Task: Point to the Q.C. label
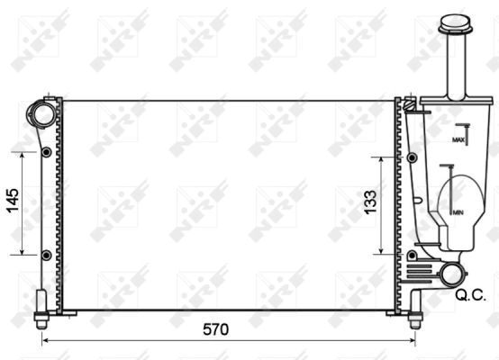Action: pyautogui.click(x=471, y=294)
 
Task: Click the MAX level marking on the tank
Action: pyautogui.click(x=458, y=140)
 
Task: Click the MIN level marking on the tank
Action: pyautogui.click(x=458, y=211)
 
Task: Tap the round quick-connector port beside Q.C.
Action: pyautogui.click(x=452, y=274)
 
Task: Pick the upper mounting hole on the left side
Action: pyautogui.click(x=46, y=153)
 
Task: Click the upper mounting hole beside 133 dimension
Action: pyautogui.click(x=413, y=157)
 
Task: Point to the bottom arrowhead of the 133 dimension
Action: pyautogui.click(x=382, y=251)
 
